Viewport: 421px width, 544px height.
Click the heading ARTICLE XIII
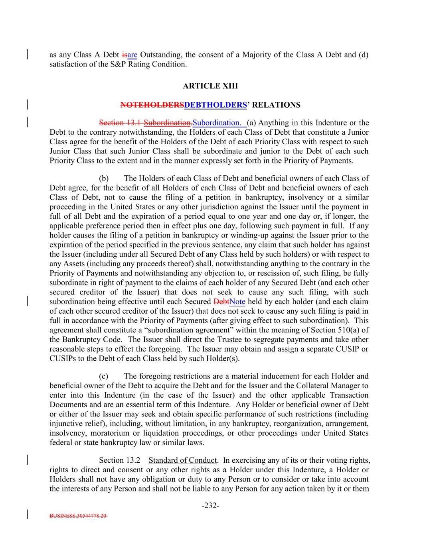(x=210, y=86)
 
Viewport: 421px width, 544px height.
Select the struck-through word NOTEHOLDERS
(x=152, y=105)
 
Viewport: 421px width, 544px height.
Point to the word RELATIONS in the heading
(x=277, y=105)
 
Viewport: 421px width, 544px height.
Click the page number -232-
(x=210, y=506)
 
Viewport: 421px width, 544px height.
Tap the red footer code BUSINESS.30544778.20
(x=78, y=516)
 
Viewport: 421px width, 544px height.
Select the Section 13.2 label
(x=119, y=460)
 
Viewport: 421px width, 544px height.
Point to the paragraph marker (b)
(x=104, y=178)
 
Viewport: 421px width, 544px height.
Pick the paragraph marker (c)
(x=104, y=376)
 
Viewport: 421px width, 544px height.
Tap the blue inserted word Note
(x=237, y=302)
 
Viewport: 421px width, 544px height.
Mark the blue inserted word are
(x=132, y=55)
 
